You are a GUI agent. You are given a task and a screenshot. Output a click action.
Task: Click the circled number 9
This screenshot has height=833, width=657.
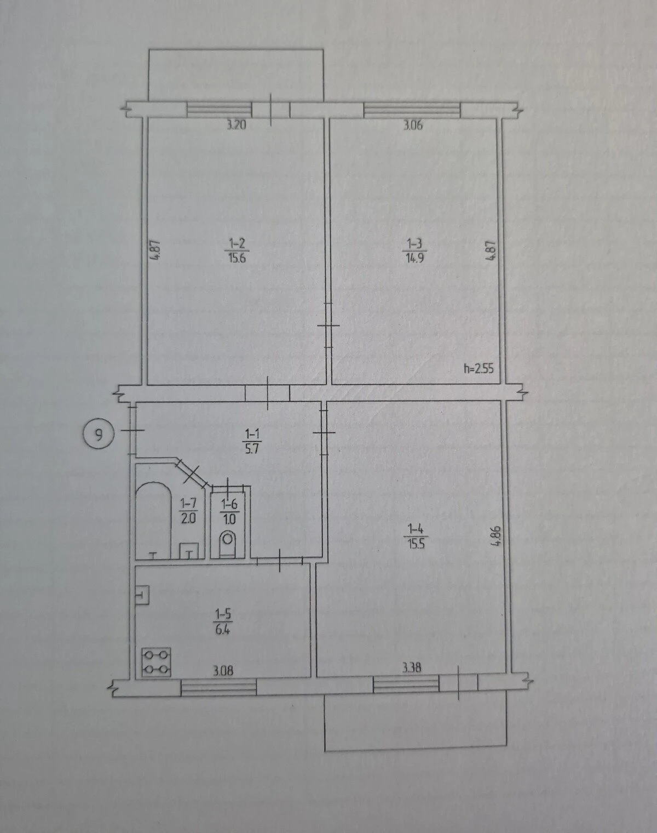[98, 436]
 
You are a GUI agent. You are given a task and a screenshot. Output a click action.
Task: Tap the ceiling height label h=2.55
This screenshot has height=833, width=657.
[479, 368]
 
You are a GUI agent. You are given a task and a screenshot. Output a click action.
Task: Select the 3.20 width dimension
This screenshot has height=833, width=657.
[237, 125]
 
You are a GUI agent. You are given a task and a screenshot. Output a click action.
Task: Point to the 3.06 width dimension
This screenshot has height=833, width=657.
[413, 125]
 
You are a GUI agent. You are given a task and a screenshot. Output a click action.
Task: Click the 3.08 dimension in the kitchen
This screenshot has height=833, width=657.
[223, 670]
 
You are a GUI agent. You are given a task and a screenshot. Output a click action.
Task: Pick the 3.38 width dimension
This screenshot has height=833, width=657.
[412, 667]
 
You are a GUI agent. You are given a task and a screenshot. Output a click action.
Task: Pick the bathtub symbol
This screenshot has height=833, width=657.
[153, 520]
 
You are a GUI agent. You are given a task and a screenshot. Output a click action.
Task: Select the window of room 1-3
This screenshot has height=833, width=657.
[412, 110]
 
